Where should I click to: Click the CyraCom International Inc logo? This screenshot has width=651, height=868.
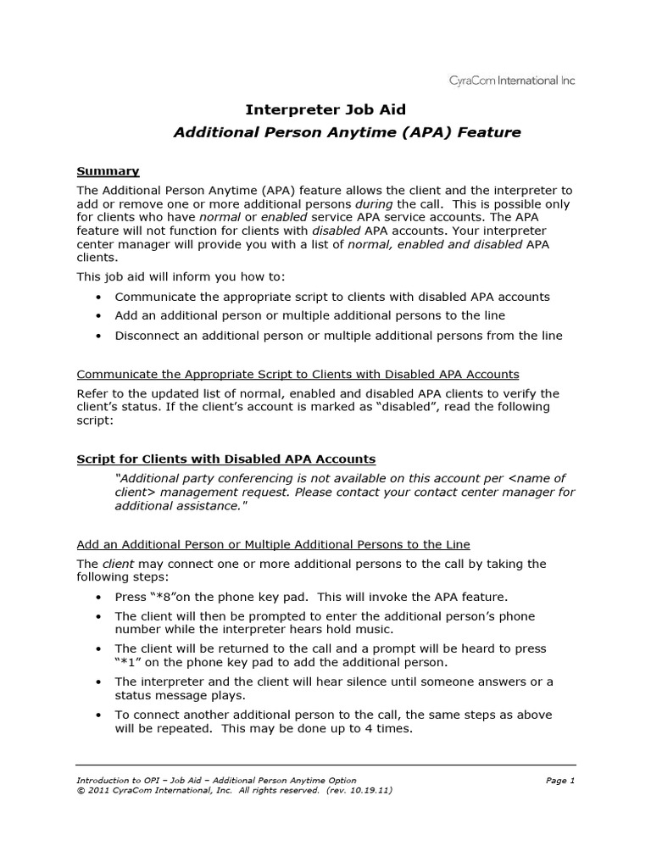[x=511, y=81]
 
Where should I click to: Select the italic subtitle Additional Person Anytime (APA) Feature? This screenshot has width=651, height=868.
[x=347, y=132]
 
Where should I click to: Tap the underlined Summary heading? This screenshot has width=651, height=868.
[x=108, y=171]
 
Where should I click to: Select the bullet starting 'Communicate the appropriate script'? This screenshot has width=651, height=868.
[x=332, y=297]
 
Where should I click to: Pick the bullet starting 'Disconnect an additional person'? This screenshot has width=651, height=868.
[x=338, y=336]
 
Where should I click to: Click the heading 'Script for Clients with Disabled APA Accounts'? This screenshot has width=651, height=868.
[x=225, y=459]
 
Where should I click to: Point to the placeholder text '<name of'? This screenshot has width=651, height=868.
[x=537, y=478]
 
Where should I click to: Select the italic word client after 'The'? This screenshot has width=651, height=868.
[x=119, y=564]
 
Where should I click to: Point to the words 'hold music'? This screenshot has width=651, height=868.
[x=369, y=629]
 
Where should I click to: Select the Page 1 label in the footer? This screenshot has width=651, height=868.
[x=560, y=780]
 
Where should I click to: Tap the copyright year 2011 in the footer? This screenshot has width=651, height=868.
[x=99, y=789]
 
